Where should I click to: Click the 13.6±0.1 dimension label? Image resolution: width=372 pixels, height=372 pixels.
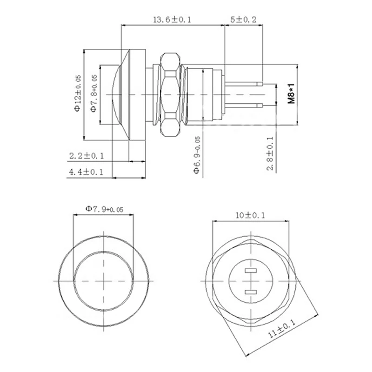[173, 20]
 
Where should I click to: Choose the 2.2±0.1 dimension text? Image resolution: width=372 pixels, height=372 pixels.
[86, 155]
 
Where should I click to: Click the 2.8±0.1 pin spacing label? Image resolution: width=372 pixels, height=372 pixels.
[270, 153]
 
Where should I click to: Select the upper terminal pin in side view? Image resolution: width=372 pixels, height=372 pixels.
[244, 84]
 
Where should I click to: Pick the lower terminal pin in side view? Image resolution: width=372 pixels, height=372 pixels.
[244, 104]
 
